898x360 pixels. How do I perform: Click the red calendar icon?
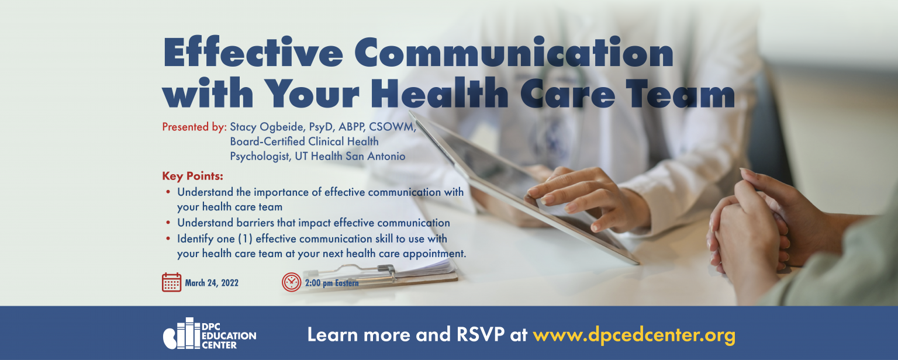[171, 282]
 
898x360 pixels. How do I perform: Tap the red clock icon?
[292, 282]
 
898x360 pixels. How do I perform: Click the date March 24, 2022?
[212, 283]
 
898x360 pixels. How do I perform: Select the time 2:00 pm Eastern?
[332, 283]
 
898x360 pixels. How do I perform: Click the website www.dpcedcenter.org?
[634, 335]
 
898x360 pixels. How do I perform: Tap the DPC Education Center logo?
[209, 333]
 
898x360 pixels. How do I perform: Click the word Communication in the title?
[514, 51]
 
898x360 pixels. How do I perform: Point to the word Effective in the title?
[253, 51]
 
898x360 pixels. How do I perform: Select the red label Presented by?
[195, 127]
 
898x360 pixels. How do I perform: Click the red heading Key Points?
[192, 176]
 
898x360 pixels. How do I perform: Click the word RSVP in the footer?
[480, 334]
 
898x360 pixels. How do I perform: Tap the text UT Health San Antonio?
[350, 156]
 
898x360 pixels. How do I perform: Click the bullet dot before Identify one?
[168, 239]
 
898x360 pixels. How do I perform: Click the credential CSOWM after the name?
[392, 127]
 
